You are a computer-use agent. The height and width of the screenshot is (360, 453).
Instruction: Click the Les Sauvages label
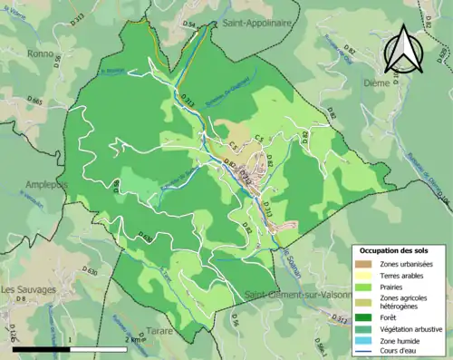pyautogui.click(x=29, y=290)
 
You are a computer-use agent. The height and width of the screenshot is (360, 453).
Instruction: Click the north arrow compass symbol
pyautogui.click(x=404, y=49)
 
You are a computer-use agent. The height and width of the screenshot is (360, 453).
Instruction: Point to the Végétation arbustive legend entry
pyautogui.click(x=404, y=329)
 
